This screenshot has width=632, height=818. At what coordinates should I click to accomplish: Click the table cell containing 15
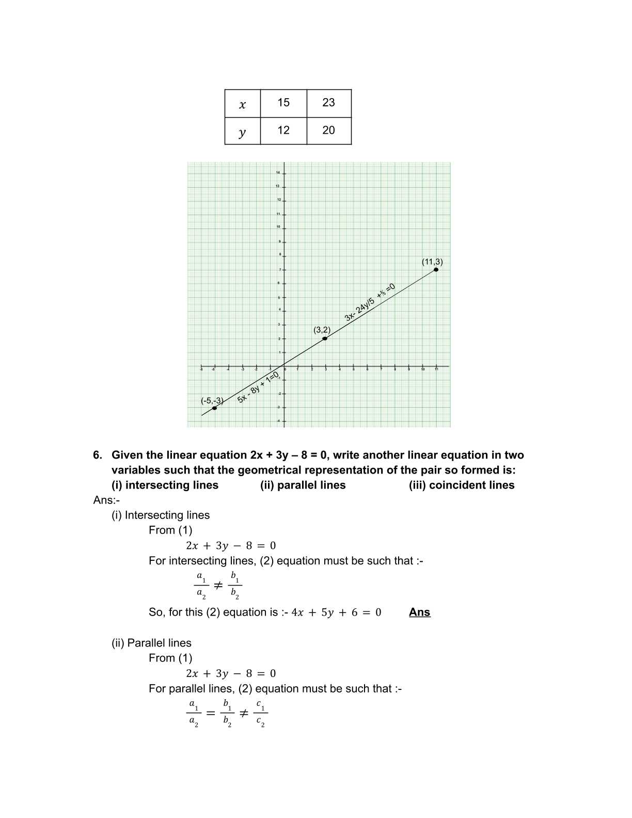[283, 103]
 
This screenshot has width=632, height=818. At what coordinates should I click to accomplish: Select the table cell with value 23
[329, 103]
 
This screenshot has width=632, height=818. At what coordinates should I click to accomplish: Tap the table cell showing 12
[283, 131]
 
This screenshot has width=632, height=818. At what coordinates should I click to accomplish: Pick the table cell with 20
[329, 131]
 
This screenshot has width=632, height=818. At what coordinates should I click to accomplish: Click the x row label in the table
[242, 104]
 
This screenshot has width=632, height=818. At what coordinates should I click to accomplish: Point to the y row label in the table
[242, 132]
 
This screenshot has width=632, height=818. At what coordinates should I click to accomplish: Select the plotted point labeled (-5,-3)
[214, 408]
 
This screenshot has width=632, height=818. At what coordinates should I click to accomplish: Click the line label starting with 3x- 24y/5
[370, 303]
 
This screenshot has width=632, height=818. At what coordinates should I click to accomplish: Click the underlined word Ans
[419, 612]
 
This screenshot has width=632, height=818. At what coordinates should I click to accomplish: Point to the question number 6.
[98, 455]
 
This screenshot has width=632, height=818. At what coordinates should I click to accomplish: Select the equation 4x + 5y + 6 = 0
[336, 612]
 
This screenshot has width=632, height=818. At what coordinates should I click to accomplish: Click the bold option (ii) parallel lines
[303, 485]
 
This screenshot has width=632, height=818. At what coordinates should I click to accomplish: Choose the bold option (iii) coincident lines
[462, 485]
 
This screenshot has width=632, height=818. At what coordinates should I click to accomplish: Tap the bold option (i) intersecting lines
[165, 485]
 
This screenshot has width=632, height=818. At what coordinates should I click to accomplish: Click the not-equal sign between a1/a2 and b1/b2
[218, 586]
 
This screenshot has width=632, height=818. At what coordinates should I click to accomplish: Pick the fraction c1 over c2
[261, 714]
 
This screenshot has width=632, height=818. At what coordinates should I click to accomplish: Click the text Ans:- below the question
[106, 500]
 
